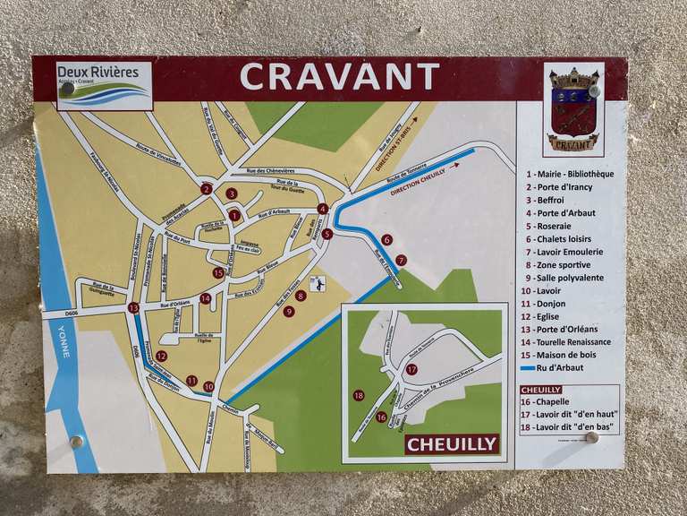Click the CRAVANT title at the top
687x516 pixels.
pyautogui.click(x=340, y=77)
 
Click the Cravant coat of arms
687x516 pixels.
pyautogui.click(x=573, y=109)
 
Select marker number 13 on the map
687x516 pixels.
pyautogui.click(x=133, y=307)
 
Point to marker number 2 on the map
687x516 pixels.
pyautogui.click(x=206, y=189)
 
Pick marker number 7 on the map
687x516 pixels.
pyautogui.click(x=401, y=260)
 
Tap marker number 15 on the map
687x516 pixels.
pyautogui.click(x=218, y=272)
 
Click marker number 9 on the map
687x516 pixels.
pyautogui.click(x=288, y=312)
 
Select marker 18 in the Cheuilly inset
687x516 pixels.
pyautogui.click(x=359, y=395)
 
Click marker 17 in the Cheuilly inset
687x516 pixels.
pyautogui.click(x=411, y=369)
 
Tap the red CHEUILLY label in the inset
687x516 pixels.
pyautogui.click(x=451, y=443)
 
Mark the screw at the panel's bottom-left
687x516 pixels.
pyautogui.click(x=76, y=441)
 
